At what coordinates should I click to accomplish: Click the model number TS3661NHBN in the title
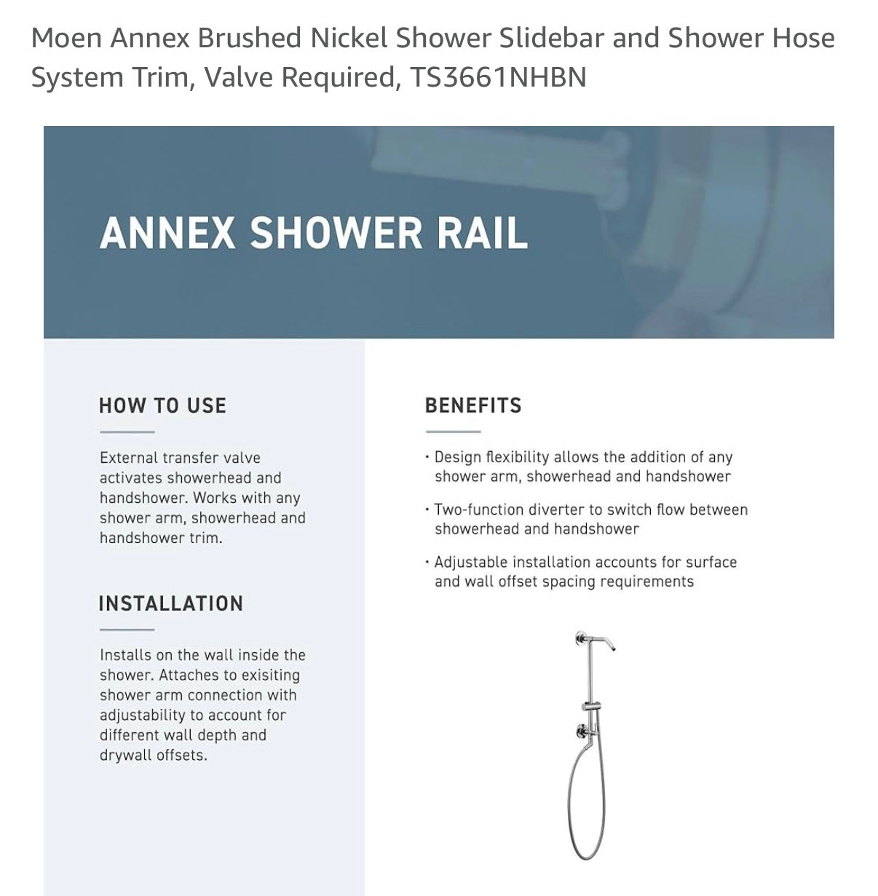pyautogui.click(x=498, y=77)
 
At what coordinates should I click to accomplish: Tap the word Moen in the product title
pyautogui.click(x=66, y=38)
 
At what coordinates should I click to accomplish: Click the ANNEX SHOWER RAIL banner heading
pyautogui.click(x=314, y=233)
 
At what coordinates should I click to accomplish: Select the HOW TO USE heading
pyautogui.click(x=162, y=405)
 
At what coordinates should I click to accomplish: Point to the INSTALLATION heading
pyautogui.click(x=170, y=603)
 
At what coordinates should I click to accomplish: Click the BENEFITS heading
pyautogui.click(x=473, y=405)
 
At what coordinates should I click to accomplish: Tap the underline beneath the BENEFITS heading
pyautogui.click(x=453, y=432)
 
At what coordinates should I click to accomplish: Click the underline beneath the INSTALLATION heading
pyautogui.click(x=127, y=630)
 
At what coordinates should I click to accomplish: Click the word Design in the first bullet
pyautogui.click(x=457, y=457)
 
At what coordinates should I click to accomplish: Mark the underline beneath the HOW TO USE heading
pyautogui.click(x=127, y=432)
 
